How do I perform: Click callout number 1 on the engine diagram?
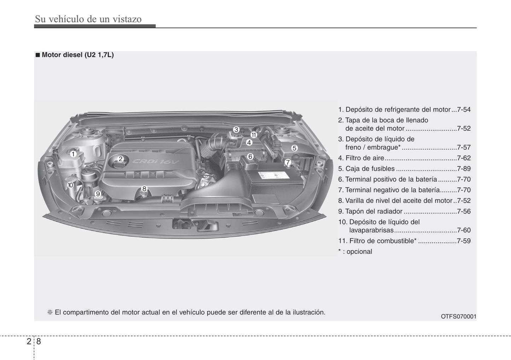pos(73,154)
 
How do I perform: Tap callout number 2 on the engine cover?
pos(121,159)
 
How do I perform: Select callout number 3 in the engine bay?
pos(236,130)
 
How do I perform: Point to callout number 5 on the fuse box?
pos(294,148)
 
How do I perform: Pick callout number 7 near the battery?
pos(288,162)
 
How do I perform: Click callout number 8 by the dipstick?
pos(144,189)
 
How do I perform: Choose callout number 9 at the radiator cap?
pos(98,194)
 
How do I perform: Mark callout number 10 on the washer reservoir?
pos(70,185)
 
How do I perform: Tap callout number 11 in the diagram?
pos(254,135)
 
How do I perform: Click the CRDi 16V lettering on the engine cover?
pos(156,161)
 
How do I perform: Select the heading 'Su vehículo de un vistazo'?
pos(88,19)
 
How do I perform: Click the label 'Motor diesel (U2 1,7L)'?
pos(78,55)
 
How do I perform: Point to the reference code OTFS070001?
pos(459,317)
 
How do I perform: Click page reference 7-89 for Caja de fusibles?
pos(464,169)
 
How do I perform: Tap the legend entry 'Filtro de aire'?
pos(365,158)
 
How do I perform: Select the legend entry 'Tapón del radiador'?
pos(374,211)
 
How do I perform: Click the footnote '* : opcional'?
pos(355,252)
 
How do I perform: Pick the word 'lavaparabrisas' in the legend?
pos(371,230)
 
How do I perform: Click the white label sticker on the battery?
pos(274,175)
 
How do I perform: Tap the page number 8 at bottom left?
pos(39,341)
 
